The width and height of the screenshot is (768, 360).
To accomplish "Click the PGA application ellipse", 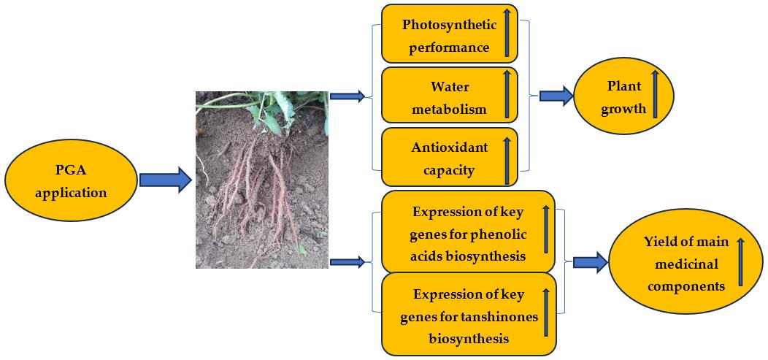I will [x=71, y=182].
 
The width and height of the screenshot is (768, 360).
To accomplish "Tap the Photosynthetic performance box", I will [x=450, y=36].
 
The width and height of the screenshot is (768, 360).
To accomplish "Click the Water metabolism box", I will [x=450, y=97].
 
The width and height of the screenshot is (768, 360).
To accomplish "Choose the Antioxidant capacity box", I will [x=450, y=158].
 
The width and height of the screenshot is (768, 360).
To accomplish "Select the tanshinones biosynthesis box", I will [x=468, y=313].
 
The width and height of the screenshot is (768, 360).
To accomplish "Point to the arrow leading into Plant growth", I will [x=556, y=96].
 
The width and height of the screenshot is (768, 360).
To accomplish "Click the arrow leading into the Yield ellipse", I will [x=591, y=262].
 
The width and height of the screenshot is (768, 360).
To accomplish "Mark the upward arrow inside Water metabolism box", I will [x=506, y=96].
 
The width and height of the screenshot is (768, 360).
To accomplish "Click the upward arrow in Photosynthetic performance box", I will [x=506, y=34].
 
